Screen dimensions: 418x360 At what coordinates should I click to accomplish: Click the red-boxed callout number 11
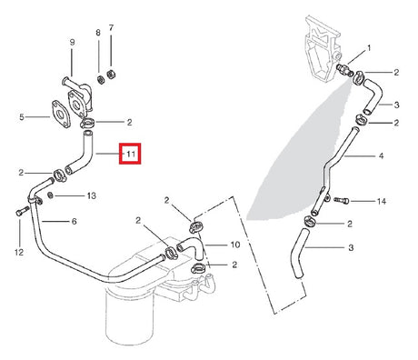pyautogui.click(x=131, y=154)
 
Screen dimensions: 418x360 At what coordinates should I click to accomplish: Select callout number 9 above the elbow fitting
pyautogui.click(x=72, y=43)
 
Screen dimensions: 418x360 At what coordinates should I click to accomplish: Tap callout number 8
pyautogui.click(x=98, y=33)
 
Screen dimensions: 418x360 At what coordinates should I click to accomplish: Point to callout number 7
pyautogui.click(x=111, y=28)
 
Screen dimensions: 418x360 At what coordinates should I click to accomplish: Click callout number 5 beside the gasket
pyautogui.click(x=22, y=117)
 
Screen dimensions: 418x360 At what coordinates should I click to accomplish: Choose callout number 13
pyautogui.click(x=92, y=195)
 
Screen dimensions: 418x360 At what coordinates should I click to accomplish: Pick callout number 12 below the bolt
pyautogui.click(x=19, y=252)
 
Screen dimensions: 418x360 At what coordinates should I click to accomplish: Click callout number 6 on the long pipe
pyautogui.click(x=75, y=222)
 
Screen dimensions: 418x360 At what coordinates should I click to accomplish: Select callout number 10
pyautogui.click(x=235, y=245)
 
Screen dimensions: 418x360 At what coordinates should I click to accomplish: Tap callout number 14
pyautogui.click(x=382, y=201)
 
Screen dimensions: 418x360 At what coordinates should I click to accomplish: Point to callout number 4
pyautogui.click(x=381, y=155)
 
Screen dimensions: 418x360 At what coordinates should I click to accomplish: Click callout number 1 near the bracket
pyautogui.click(x=369, y=48)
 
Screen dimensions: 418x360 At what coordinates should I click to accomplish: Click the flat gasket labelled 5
pyautogui.click(x=61, y=114)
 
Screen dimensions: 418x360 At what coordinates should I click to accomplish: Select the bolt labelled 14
pyautogui.click(x=342, y=200)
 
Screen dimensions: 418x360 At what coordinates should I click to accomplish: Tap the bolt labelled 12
pyautogui.click(x=22, y=211)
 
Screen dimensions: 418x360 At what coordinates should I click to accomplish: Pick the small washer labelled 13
pyautogui.click(x=51, y=195)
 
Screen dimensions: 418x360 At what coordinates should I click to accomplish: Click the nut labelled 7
pyautogui.click(x=111, y=75)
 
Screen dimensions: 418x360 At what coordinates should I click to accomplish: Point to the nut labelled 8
pyautogui.click(x=101, y=80)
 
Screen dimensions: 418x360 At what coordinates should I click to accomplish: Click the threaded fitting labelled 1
pyautogui.click(x=345, y=70)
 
